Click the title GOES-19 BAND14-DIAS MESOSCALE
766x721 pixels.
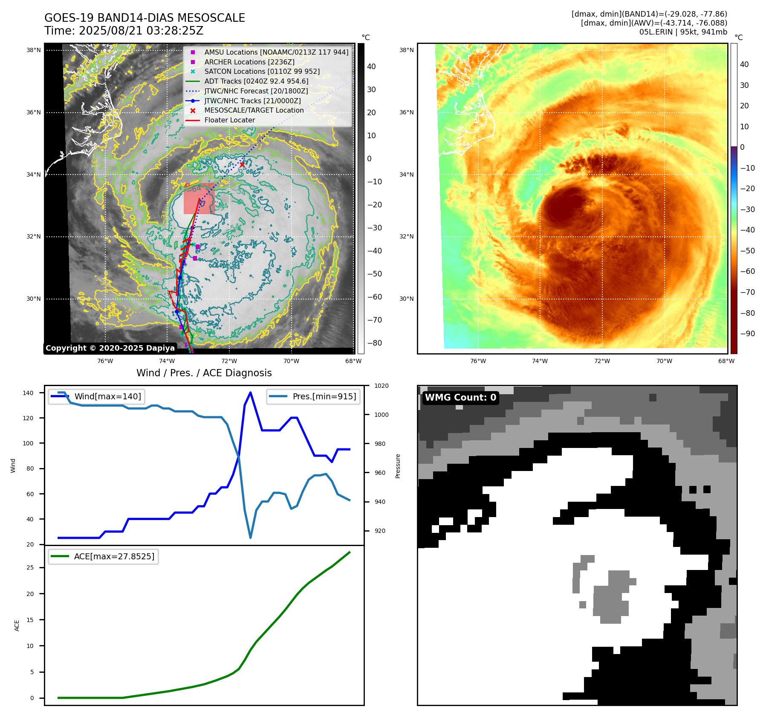(145, 18)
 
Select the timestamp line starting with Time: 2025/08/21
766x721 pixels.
(124, 31)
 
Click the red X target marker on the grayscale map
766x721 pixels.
(242, 165)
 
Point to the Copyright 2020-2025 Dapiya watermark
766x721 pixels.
(110, 348)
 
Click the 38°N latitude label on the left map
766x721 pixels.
(34, 50)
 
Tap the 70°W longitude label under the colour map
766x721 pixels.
(664, 361)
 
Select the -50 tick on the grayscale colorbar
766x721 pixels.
(374, 274)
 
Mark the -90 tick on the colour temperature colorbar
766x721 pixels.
(747, 334)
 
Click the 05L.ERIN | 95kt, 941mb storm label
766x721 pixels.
(683, 32)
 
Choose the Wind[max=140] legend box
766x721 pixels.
(96, 396)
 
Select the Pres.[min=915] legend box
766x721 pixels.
(313, 396)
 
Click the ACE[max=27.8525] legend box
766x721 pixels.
(103, 556)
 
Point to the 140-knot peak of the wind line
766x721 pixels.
(250, 392)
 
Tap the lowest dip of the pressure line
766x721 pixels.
(250, 538)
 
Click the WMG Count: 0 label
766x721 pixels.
(460, 398)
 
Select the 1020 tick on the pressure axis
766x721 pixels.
(381, 386)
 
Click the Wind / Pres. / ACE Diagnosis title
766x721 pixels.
(204, 373)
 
